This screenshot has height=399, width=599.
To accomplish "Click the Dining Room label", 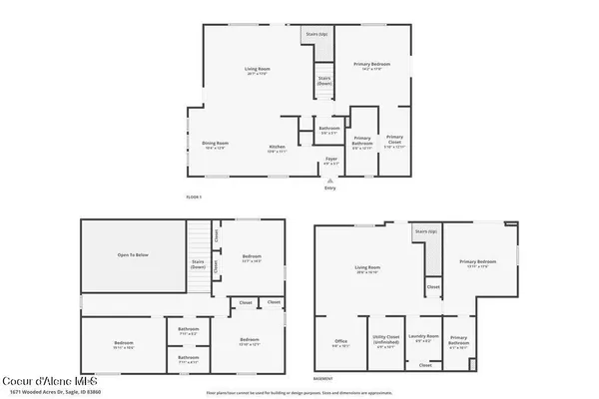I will tap(217, 146).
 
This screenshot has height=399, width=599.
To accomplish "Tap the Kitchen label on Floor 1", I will tap(278, 150).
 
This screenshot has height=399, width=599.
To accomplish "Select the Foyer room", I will tap(330, 162).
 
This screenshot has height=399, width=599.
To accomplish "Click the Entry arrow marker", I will tap(330, 180).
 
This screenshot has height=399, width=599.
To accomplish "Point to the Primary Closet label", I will tap(395, 141).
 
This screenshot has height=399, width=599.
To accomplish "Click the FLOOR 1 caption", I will tap(194, 197).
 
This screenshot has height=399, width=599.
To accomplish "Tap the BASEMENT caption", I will tap(323, 378).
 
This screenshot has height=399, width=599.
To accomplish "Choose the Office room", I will tap(340, 344).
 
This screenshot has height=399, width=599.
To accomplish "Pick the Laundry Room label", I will tap(425, 337).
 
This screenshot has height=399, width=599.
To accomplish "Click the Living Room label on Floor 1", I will tap(259, 71).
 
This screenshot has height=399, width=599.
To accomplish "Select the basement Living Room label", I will tap(370, 269).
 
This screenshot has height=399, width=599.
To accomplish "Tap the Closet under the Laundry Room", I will tap(425, 365).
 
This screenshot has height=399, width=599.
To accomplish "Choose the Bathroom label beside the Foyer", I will tap(329, 130).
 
